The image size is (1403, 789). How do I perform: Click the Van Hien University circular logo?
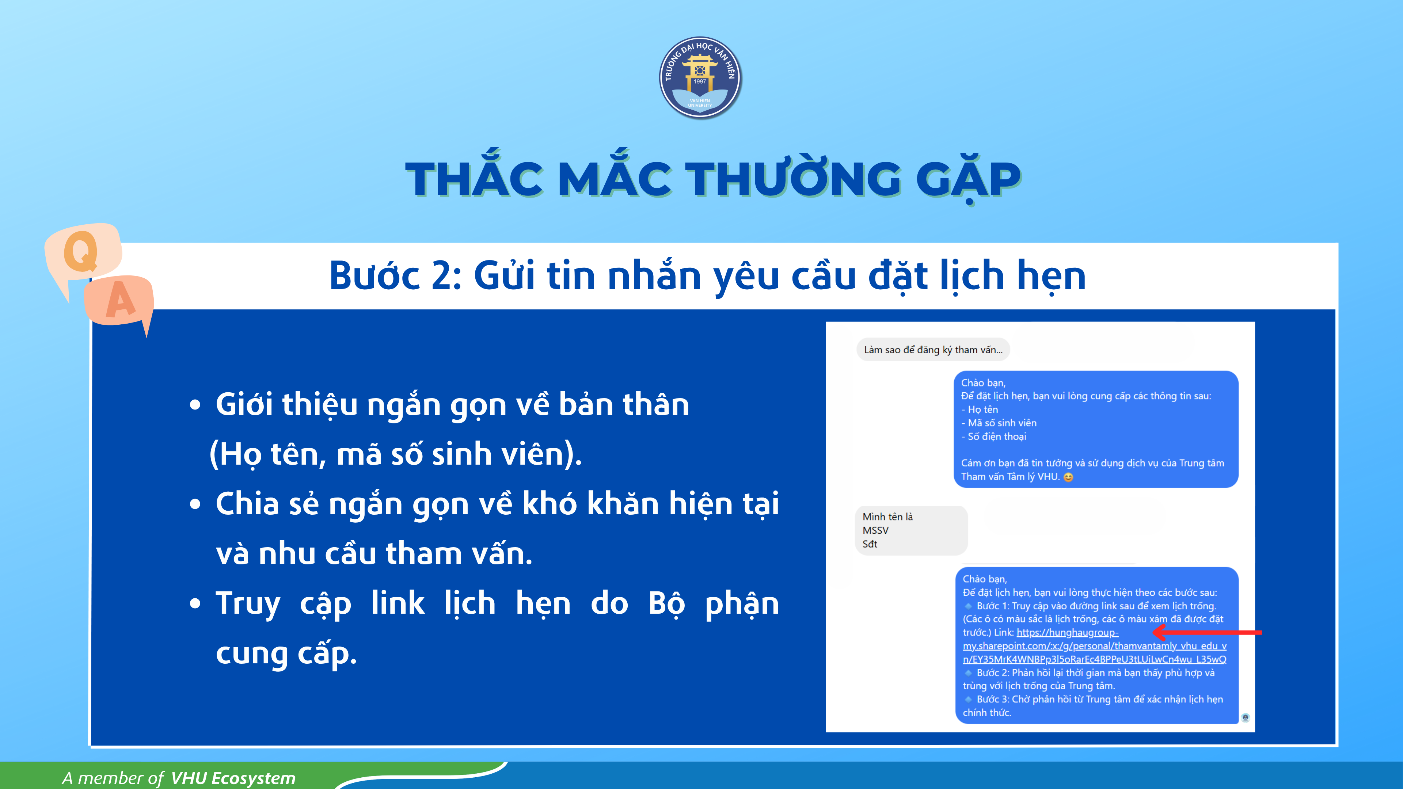click(x=700, y=78)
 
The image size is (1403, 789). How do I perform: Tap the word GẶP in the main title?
click(x=968, y=180)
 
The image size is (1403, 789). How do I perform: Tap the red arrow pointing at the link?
click(x=1207, y=632)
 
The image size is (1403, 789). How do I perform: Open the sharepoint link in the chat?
click(x=1094, y=646)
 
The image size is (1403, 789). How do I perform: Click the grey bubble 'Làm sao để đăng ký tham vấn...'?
click(x=933, y=350)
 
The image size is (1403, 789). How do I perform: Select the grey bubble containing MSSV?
click(x=911, y=530)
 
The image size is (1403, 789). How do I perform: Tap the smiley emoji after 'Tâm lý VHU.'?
click(x=1068, y=477)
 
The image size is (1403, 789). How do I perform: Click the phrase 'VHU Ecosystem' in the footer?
click(x=233, y=778)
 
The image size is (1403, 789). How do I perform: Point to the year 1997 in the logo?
click(x=700, y=82)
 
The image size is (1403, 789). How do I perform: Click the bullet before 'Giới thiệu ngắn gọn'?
click(x=195, y=405)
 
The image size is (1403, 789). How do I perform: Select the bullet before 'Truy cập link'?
click(x=195, y=604)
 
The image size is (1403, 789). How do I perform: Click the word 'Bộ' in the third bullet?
click(x=666, y=604)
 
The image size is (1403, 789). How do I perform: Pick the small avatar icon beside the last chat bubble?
click(x=1245, y=718)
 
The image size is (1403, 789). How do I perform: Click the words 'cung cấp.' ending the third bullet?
click(x=286, y=654)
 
